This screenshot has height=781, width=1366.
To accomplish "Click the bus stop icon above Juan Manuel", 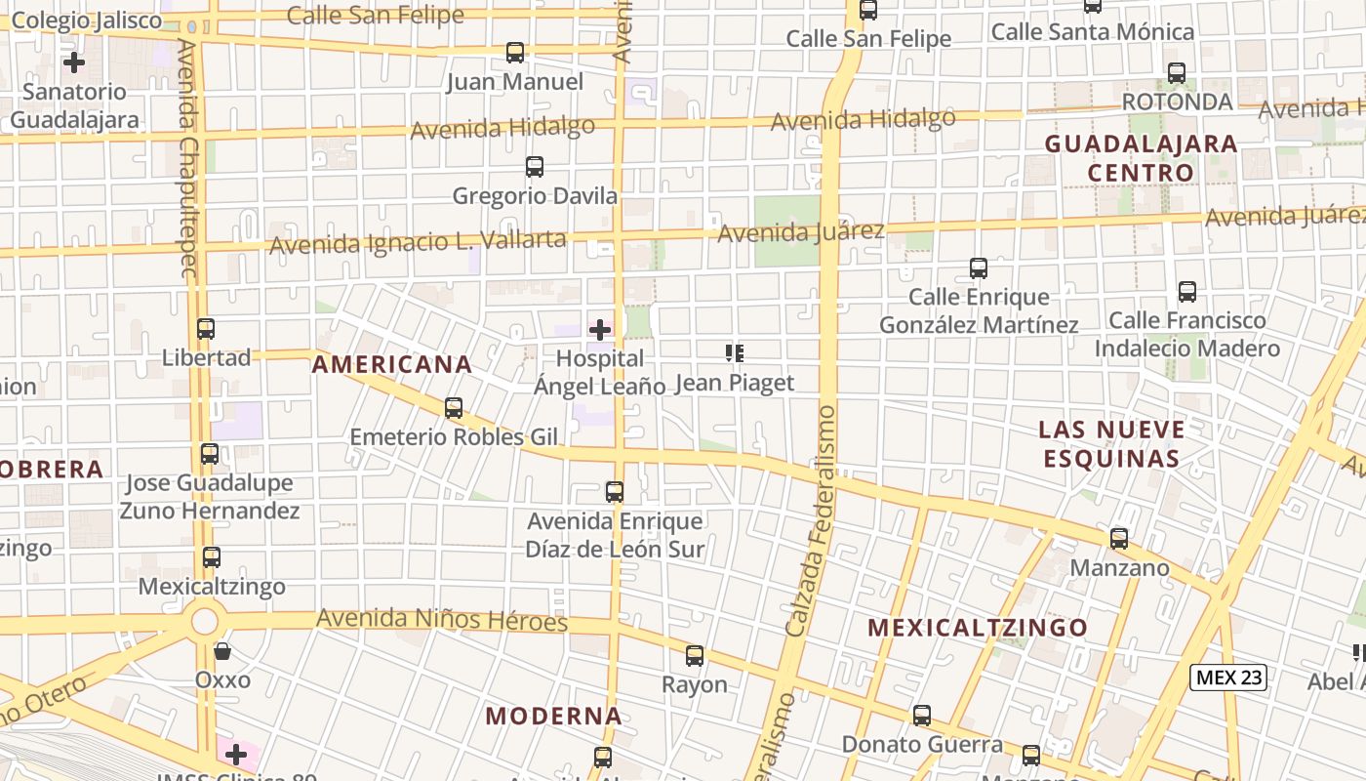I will click(x=515, y=53).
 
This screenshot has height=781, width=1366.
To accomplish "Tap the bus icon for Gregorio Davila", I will click(x=535, y=167).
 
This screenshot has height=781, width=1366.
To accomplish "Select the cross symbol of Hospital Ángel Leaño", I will click(x=600, y=330).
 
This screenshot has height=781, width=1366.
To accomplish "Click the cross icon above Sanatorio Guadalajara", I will click(x=74, y=63).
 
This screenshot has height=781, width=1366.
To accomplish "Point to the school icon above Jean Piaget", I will click(x=735, y=353).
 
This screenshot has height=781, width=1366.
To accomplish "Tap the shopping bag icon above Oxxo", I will click(x=222, y=651).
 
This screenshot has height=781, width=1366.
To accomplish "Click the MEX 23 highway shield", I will click(x=1228, y=678).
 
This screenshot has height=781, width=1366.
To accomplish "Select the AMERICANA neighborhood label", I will click(x=392, y=365).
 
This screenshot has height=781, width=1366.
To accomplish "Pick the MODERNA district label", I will click(x=554, y=716).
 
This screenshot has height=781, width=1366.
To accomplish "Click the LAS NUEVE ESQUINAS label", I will click(x=1111, y=444).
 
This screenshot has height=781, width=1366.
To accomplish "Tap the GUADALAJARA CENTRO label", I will click(x=1141, y=158).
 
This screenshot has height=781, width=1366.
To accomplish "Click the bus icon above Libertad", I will click(x=205, y=329).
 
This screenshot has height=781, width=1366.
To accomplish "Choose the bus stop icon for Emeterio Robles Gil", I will click(x=454, y=408).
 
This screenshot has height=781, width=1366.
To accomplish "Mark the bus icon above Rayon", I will click(x=695, y=656).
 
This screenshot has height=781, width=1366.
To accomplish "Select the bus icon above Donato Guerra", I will click(x=922, y=716).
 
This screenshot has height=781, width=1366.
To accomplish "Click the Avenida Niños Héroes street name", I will click(x=442, y=620).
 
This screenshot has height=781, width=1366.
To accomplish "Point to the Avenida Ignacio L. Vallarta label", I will click(x=418, y=241).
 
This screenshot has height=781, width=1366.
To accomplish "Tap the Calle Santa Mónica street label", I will click(x=1092, y=32).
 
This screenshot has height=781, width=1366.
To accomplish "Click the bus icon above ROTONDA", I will click(x=1177, y=73).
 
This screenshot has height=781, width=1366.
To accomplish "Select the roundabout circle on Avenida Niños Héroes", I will click(x=205, y=620).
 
